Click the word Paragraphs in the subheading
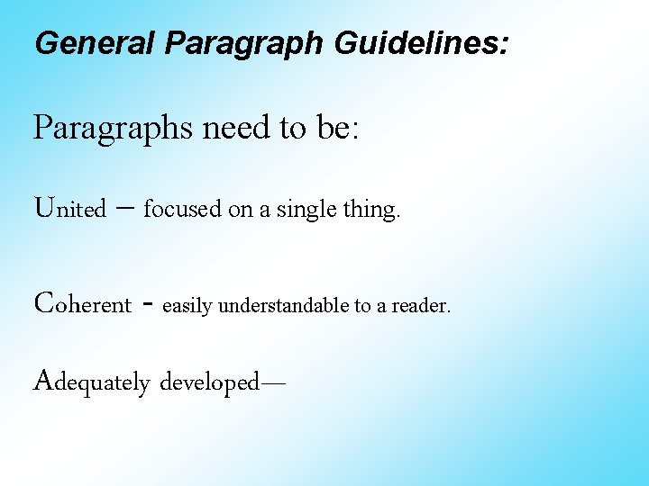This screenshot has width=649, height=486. coord(113,129)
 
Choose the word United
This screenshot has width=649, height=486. coord(69,209)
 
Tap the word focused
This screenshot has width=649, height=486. coord(182,210)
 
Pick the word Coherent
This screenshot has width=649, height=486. coord(82,303)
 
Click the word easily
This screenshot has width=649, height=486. coord(188,306)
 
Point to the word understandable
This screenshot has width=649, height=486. coord(284,305)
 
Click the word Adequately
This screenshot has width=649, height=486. coord(91,382)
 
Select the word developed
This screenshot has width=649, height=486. coord(208,383)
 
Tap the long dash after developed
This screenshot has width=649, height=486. coord(271,382)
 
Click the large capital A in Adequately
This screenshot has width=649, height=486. coord(42,380)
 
